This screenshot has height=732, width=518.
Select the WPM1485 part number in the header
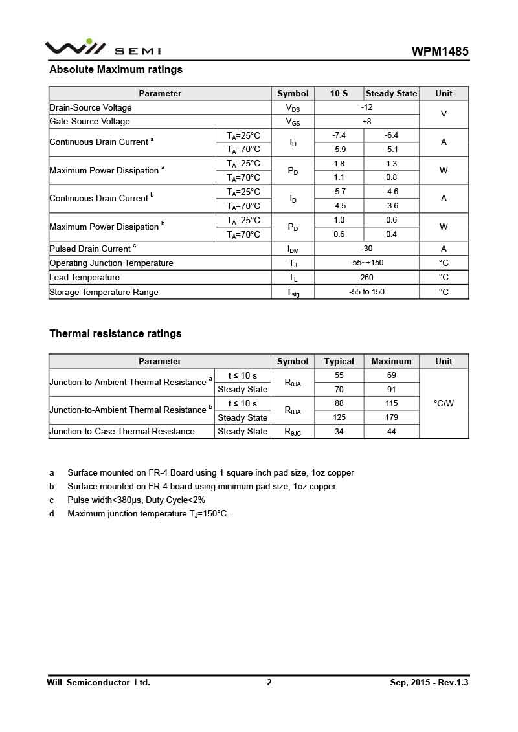pos(440,52)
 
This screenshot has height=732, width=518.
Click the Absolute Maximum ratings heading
pos(116,70)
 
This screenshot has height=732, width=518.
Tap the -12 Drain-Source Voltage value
pos(366,107)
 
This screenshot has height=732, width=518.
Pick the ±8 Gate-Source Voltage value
pos(366,121)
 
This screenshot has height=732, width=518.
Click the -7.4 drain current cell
pos(339,135)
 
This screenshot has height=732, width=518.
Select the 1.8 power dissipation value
pos(339,164)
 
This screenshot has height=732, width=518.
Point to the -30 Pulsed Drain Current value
pos(366,249)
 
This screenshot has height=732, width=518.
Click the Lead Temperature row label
pos(85,278)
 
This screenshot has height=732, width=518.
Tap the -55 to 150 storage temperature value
pos(366,292)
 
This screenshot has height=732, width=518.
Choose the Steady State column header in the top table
pos(391,93)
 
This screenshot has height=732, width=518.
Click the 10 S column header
pos(339,93)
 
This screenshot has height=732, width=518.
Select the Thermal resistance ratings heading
pos(115,334)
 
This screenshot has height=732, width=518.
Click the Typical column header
pos(339,361)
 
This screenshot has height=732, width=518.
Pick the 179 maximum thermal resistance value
pos(391,417)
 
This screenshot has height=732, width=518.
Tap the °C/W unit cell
pos(444,403)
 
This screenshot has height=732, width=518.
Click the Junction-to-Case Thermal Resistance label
pos(122,431)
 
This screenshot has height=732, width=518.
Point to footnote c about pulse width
pos(136,500)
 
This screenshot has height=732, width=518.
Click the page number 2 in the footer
pos(269,682)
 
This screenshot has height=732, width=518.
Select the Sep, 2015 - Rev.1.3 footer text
pos(429,682)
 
